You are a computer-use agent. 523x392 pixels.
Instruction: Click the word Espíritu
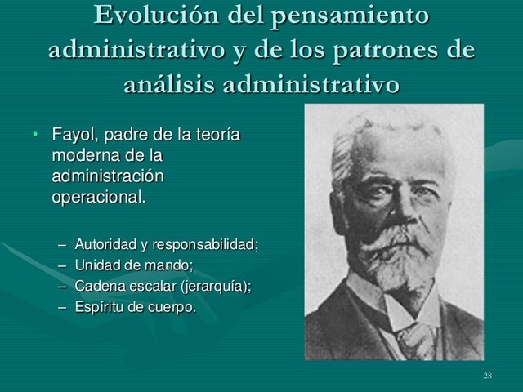(99, 307)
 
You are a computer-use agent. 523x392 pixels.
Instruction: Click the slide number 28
(487, 375)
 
